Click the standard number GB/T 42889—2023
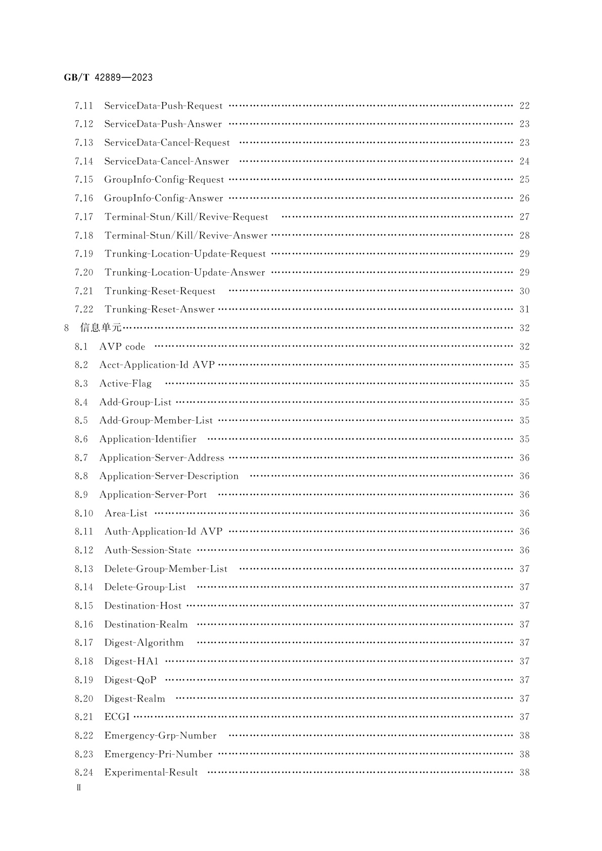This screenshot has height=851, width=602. pyautogui.click(x=108, y=78)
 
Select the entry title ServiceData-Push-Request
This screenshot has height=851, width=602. pyautogui.click(x=163, y=106)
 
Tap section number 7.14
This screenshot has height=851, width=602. pyautogui.click(x=84, y=162)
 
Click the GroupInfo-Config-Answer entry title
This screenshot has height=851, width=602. pyautogui.click(x=163, y=198)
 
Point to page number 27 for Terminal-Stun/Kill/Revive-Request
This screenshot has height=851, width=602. pyautogui.click(x=524, y=217)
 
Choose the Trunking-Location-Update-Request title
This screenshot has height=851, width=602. pyautogui.click(x=185, y=254)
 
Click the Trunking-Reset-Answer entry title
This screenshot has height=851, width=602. pyautogui.click(x=159, y=310)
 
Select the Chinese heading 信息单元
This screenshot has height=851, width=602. pyautogui.click(x=101, y=328)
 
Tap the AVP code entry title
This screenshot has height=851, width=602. pyautogui.click(x=122, y=347)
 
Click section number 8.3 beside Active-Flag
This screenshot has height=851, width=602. pyautogui.click(x=81, y=384)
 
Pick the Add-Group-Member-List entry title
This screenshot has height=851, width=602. pyautogui.click(x=156, y=421)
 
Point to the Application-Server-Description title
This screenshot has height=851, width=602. pyautogui.click(x=169, y=476)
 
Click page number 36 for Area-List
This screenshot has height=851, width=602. pyautogui.click(x=524, y=514)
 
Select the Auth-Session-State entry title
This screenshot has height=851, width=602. pyautogui.click(x=148, y=550)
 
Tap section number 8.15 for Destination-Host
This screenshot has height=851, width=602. pyautogui.click(x=84, y=606)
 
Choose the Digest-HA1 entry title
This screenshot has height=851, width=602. pyautogui.click(x=131, y=662)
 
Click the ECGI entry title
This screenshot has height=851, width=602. pyautogui.click(x=117, y=717)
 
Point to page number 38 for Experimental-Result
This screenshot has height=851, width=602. pyautogui.click(x=524, y=773)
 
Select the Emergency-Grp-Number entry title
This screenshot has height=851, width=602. pyautogui.click(x=160, y=736)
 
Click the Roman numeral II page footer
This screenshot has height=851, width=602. pyautogui.click(x=78, y=788)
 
